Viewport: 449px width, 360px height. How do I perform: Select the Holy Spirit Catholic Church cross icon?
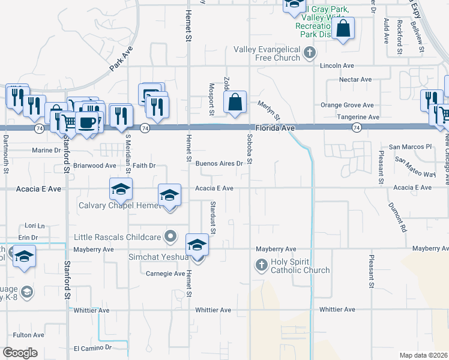[x=261, y=264]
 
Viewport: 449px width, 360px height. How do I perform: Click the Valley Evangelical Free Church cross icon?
[x=309, y=52]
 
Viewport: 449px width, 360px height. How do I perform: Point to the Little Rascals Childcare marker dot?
[x=170, y=236]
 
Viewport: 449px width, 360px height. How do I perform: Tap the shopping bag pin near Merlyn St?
[x=235, y=103]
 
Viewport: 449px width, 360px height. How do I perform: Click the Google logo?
[x=20, y=352]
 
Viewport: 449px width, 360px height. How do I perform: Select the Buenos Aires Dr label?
[x=219, y=163]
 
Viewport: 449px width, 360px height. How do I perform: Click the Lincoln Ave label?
[x=337, y=65]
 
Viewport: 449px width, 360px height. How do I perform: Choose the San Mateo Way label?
[x=415, y=167]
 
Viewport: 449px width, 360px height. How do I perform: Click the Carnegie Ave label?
[x=166, y=274]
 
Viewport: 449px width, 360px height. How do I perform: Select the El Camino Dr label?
[x=92, y=348]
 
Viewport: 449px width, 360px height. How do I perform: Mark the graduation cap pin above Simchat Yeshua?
[x=196, y=246]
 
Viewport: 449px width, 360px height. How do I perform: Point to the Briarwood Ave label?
[x=95, y=165]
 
